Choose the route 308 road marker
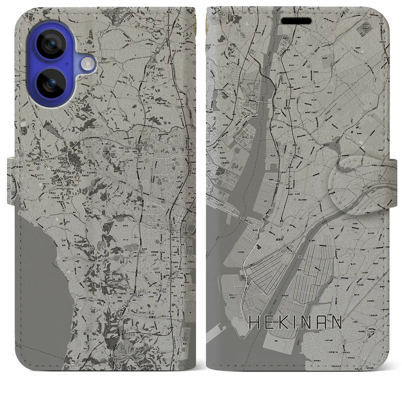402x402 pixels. (x=382, y=219)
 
